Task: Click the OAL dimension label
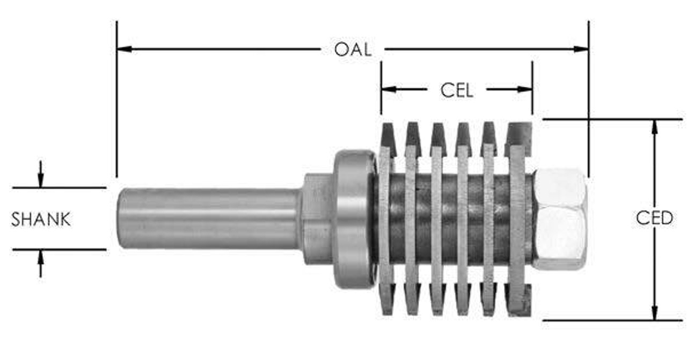tap(353, 49)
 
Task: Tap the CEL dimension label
tap(457, 90)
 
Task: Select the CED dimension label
tap(654, 218)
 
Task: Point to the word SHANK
tap(41, 219)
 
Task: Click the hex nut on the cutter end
tap(560, 218)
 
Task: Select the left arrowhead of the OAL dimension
tap(124, 49)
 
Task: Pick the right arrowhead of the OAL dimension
tap(581, 49)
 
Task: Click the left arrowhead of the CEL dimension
tap(389, 89)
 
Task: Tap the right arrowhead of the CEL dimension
tap(525, 89)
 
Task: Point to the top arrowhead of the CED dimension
tap(654, 127)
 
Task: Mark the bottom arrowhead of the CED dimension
tap(654, 313)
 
